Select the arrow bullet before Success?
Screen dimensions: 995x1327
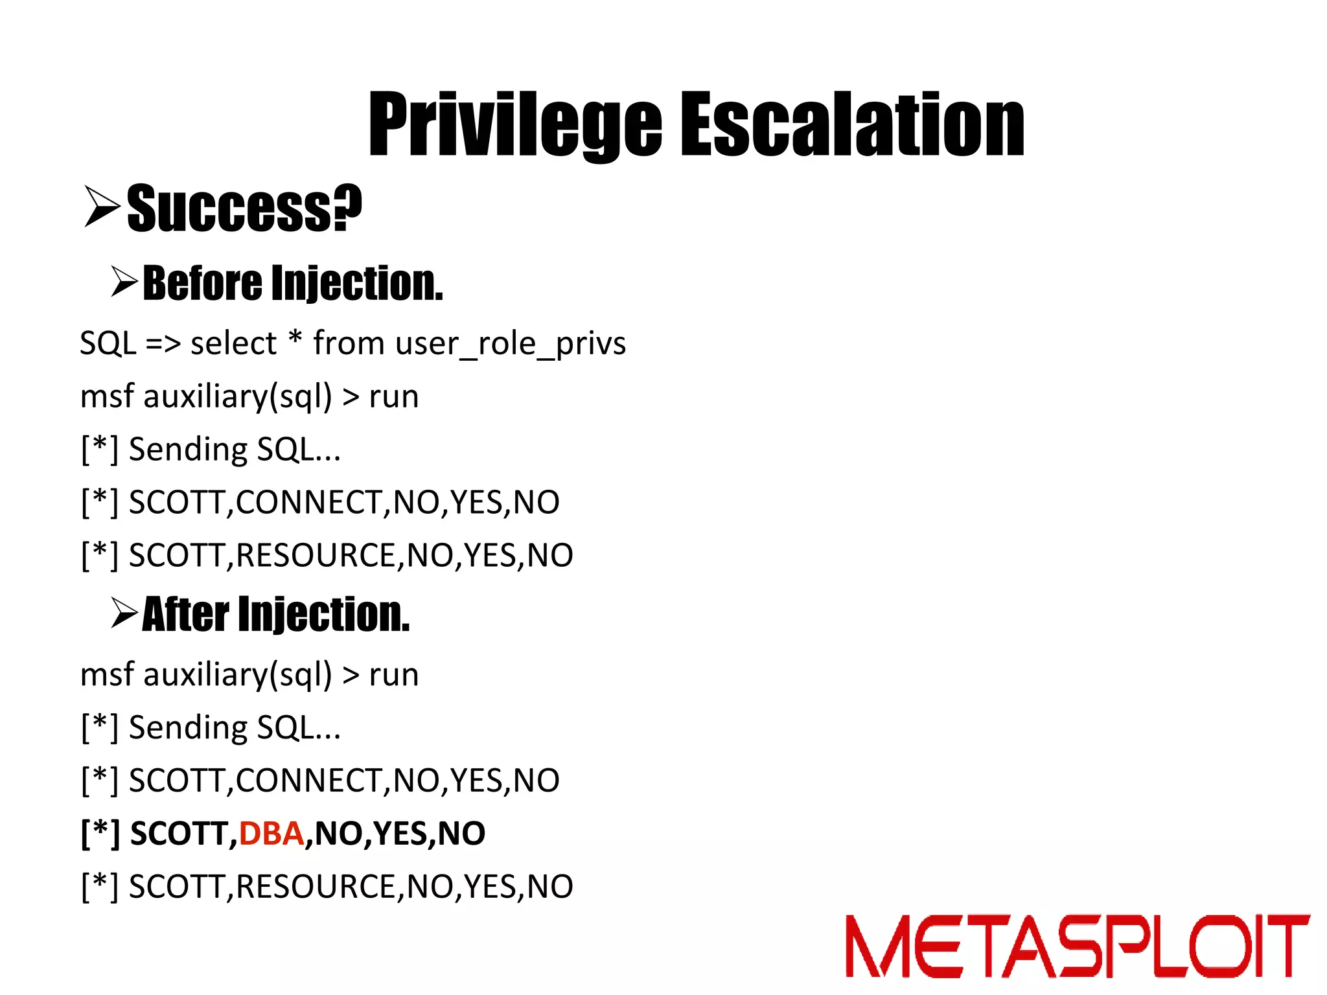(x=102, y=206)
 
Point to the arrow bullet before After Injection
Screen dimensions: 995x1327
(x=124, y=613)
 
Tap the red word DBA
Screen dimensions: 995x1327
(x=271, y=833)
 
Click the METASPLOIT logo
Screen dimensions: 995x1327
(x=1076, y=945)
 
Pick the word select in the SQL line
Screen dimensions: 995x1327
(x=233, y=343)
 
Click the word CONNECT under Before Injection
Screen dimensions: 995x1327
(x=309, y=502)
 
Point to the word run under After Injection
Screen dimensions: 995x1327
(x=394, y=675)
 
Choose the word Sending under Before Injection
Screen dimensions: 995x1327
(x=188, y=450)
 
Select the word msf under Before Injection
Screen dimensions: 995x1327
(x=107, y=396)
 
